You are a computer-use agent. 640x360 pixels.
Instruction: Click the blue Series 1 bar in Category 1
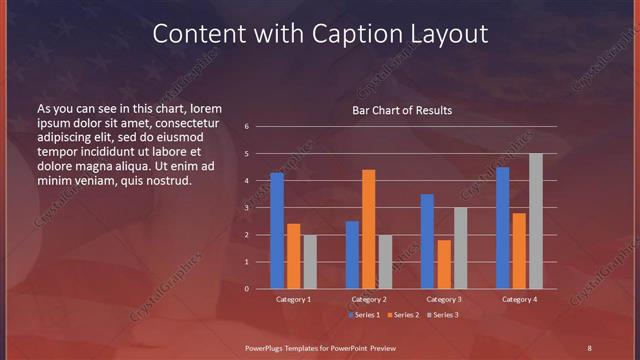pos(277,231)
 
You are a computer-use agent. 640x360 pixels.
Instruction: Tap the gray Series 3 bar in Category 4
pos(536,221)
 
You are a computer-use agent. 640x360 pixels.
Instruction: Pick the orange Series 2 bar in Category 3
pos(444,264)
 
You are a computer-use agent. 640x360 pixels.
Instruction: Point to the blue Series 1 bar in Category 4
pos(502,228)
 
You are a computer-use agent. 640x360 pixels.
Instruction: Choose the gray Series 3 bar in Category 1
pos(310,262)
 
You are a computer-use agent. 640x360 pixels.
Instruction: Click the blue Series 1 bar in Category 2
pos(352,255)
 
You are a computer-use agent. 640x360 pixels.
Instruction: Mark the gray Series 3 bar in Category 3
pos(461,248)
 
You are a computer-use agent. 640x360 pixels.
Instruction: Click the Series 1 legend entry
pos(363,315)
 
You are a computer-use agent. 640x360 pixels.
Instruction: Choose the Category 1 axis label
pos(294,299)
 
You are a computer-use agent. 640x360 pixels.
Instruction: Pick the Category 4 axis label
pos(519,299)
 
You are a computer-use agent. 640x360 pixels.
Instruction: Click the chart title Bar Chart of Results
pos(402,110)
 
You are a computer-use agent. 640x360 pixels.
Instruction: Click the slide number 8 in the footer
pos(589,347)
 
